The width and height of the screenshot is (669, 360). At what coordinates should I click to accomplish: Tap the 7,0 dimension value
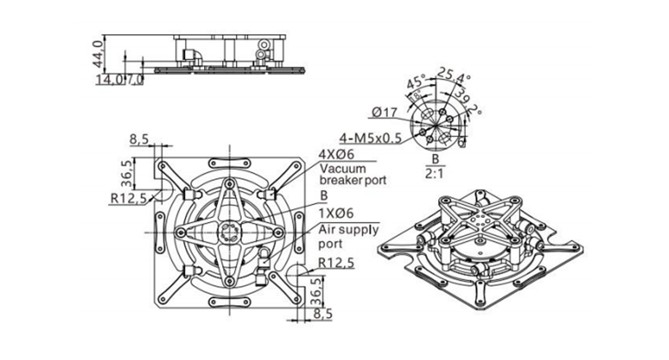[136, 80]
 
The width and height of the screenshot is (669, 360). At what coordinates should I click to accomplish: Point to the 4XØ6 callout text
[338, 153]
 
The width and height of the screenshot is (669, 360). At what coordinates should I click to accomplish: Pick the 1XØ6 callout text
[338, 213]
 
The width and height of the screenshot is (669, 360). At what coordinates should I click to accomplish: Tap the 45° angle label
[417, 83]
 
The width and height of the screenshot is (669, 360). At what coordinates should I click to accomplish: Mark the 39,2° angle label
[468, 103]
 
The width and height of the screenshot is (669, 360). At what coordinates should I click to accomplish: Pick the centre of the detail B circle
[436, 118]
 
